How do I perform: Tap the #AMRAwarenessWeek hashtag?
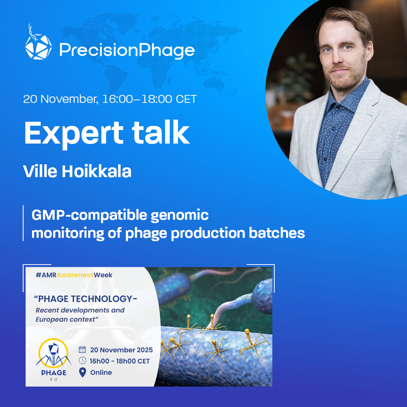tap(74, 275)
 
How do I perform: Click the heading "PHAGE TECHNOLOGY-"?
tap(86, 299)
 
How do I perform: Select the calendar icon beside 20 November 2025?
tap(82, 349)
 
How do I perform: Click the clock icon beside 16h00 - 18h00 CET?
tap(82, 361)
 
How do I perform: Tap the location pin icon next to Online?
tap(82, 372)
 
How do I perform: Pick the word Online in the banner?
tap(101, 372)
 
